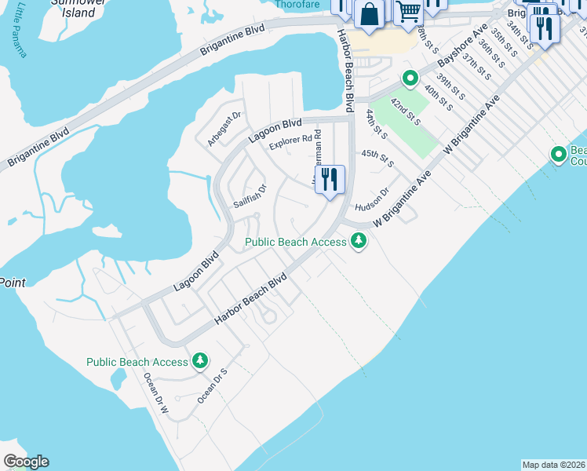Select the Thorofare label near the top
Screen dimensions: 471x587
[x=299, y=4]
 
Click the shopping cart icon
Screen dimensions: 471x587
[x=408, y=12]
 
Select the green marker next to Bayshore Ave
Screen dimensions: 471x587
[x=409, y=78]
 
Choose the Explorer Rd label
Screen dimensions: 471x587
[x=290, y=143]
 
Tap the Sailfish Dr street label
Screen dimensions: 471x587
[x=250, y=196]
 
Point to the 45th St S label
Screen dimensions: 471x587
[x=377, y=158]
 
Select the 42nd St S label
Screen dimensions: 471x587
[x=407, y=111]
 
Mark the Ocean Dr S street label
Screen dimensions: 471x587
[x=212, y=385]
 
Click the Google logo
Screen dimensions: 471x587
[x=26, y=462]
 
